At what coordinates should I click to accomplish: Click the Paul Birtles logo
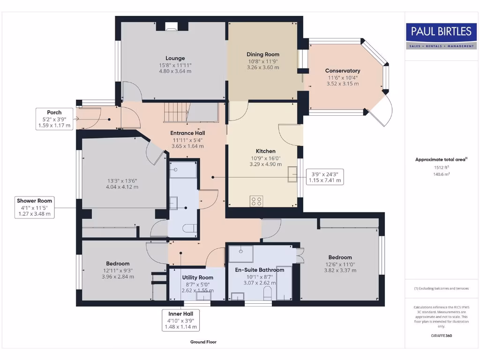(x=441, y=36)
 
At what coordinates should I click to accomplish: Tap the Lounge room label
(x=175, y=59)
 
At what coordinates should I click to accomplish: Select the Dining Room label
(x=262, y=54)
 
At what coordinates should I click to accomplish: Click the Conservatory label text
(x=343, y=71)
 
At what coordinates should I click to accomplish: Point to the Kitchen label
(x=265, y=151)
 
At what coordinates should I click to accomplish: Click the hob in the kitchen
(x=256, y=201)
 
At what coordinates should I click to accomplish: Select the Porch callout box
(x=54, y=119)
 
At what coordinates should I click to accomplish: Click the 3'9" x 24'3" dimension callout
(x=325, y=177)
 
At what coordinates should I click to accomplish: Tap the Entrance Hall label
(x=187, y=133)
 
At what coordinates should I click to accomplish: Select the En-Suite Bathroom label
(x=259, y=270)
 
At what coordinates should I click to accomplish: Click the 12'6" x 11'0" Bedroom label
(x=340, y=257)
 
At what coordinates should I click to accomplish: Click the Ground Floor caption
(x=203, y=342)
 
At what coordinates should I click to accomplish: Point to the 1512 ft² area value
(x=441, y=167)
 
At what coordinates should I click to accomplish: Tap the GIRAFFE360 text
(x=441, y=336)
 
